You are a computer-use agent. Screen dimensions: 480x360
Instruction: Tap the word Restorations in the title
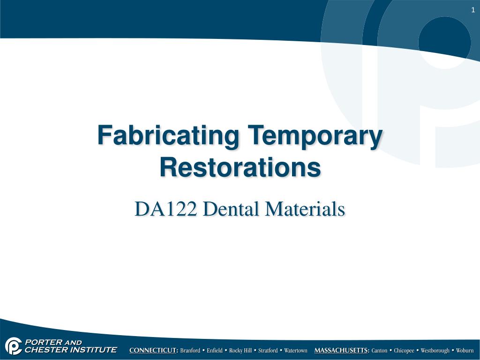coord(240,167)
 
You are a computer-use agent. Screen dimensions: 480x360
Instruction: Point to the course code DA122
coord(165,209)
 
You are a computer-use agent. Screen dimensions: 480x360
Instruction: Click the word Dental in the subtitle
coord(231,209)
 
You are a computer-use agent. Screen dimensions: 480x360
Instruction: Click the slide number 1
coord(473,10)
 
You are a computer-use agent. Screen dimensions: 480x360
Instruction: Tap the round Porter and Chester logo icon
coord(14,346)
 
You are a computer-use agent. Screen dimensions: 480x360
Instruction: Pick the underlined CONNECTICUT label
coord(154,351)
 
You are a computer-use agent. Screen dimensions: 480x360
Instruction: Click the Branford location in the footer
coord(190,351)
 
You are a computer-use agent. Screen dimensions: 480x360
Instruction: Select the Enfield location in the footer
coord(215,351)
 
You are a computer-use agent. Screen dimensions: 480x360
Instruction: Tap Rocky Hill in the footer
coord(240,351)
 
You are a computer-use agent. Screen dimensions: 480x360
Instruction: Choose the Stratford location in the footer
coord(268,351)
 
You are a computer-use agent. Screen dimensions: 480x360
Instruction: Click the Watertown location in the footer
coord(296,351)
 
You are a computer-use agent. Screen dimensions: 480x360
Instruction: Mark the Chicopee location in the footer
coord(404,351)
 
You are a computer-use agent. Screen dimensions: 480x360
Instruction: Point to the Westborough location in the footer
coord(435,351)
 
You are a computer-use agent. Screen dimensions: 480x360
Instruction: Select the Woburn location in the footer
coord(465,351)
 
